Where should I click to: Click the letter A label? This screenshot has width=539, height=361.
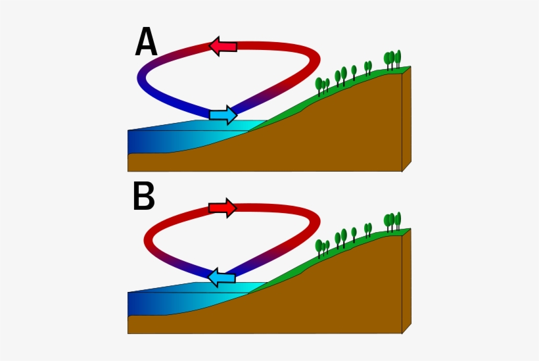coord(146,41)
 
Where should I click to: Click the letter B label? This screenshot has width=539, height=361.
coord(144,196)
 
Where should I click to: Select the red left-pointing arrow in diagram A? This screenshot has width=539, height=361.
coord(223,46)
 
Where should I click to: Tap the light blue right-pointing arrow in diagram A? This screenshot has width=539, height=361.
coord(223,115)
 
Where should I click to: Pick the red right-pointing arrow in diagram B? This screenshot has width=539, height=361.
coord(223,208)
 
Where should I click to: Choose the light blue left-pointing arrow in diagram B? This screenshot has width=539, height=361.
coord(222,277)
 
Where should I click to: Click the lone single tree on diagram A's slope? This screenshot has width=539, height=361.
coord(354,73)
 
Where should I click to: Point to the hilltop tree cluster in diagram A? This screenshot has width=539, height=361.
coord(392,60)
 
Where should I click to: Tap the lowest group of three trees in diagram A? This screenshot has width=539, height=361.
coord(322,87)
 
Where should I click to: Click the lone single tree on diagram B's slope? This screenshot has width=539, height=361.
coord(354,235)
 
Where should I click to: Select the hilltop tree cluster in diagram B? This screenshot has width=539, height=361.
coord(392,222)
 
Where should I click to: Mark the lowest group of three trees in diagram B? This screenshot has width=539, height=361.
coord(322,249)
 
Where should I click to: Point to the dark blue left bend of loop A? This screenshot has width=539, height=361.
coord(141,78)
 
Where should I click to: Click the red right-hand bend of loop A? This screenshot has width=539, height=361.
coord(316,60)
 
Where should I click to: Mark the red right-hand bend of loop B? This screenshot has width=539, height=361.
coord(316,222)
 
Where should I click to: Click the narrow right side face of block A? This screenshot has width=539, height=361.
coord(406,118)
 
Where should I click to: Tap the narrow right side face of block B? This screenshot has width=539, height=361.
coord(406,281)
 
